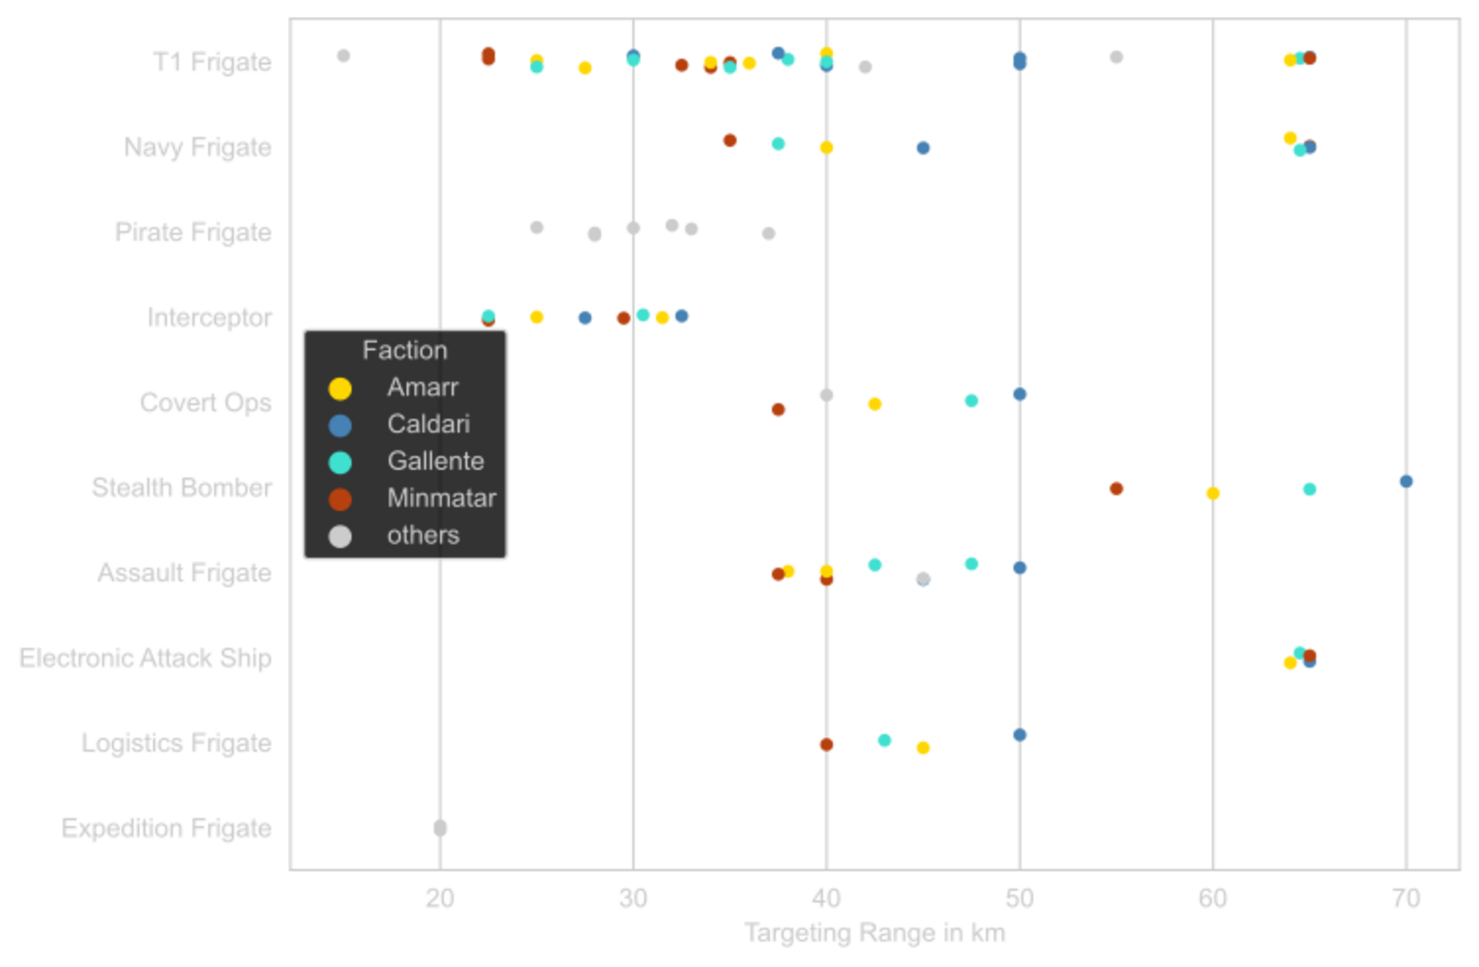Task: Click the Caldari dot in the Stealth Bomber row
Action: (1406, 481)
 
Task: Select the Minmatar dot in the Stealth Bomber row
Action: (1116, 488)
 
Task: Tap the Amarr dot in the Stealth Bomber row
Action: (1213, 494)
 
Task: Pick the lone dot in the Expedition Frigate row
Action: (440, 828)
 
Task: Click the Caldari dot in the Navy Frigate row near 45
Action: (923, 148)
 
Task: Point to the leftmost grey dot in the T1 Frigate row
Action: (344, 56)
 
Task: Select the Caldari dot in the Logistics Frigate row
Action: (1020, 735)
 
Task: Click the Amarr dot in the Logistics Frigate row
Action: (923, 748)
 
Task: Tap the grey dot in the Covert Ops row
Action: (827, 394)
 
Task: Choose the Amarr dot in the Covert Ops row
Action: (874, 404)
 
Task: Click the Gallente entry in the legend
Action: (435, 461)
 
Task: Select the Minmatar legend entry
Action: (441, 498)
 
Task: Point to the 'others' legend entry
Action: (422, 535)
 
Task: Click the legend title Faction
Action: (404, 350)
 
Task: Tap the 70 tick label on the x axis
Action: (1406, 898)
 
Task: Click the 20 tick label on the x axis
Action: (440, 898)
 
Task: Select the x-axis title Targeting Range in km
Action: (874, 934)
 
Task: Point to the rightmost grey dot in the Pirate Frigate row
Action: (769, 233)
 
